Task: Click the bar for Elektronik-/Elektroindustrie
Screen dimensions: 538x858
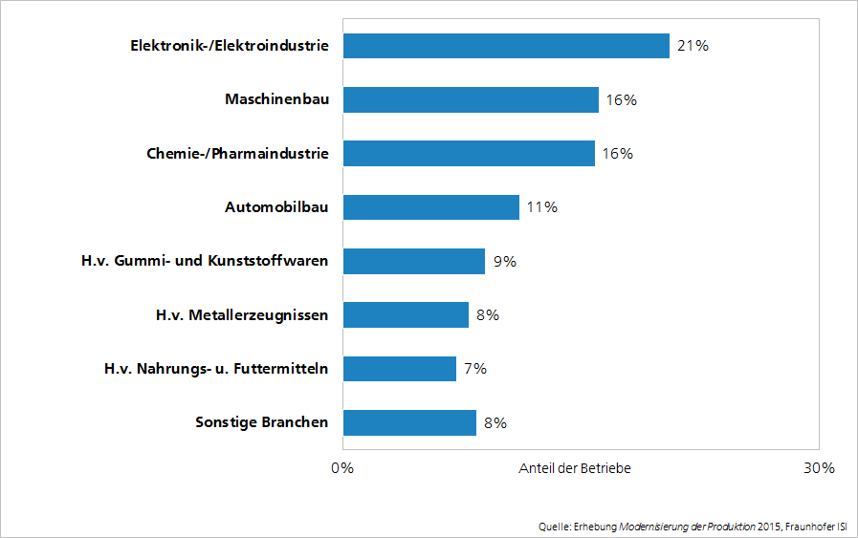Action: tap(505, 46)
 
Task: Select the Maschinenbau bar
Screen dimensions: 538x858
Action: tap(471, 99)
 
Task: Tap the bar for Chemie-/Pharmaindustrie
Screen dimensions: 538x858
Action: tap(471, 153)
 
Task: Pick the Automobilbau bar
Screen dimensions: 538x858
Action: tap(430, 206)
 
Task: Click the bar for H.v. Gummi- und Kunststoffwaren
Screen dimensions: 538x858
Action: tap(413, 261)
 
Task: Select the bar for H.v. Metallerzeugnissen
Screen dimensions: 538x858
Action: tap(406, 314)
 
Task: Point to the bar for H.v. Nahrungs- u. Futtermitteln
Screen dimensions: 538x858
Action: tap(399, 368)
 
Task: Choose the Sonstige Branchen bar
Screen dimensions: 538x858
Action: tap(409, 422)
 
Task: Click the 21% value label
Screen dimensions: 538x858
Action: tap(693, 46)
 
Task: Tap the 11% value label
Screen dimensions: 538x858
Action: tap(541, 206)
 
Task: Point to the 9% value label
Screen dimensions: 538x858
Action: tap(503, 261)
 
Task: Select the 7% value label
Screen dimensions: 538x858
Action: tap(474, 368)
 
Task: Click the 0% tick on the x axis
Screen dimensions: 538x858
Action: tap(342, 468)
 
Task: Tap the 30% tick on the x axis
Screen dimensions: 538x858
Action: tap(819, 468)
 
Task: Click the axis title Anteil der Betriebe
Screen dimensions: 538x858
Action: tap(575, 468)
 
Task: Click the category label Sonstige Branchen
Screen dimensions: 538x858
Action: tap(261, 422)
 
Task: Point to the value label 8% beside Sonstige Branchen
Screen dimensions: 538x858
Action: tap(495, 422)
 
